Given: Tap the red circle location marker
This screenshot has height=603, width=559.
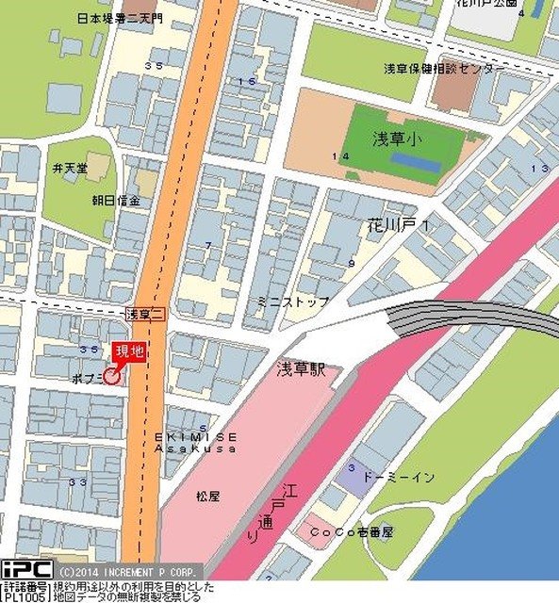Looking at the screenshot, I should click(x=111, y=377).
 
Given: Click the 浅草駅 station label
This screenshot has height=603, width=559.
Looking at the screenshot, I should click(x=301, y=369).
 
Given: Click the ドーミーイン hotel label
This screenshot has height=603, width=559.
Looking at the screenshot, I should click(x=398, y=478).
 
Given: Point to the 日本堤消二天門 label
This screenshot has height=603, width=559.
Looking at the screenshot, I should click(x=120, y=18).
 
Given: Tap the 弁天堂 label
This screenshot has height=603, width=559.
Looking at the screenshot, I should click(x=70, y=168).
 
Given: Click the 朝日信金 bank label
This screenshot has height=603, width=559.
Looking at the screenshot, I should click(x=116, y=201).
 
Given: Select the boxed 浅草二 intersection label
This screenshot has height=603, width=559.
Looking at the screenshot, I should click(x=145, y=313).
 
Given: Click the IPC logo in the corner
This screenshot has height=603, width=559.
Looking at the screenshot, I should click(x=26, y=570).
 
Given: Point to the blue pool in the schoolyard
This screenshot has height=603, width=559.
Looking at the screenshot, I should click(x=415, y=163).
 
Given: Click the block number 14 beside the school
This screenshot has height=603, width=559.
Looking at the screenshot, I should click(x=340, y=155).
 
